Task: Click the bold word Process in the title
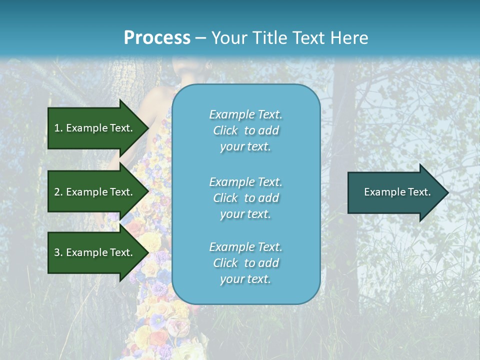point(157,38)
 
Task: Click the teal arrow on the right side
point(395,192)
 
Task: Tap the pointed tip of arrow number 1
point(147,128)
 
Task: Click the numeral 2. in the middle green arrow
point(58,192)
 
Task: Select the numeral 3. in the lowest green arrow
point(58,253)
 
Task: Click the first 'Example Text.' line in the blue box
point(245,114)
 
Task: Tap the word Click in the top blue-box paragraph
point(225,130)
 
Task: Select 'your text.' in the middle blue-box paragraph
point(245,214)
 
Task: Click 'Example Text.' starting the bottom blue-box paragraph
point(245,247)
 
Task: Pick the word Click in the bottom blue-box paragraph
point(225,263)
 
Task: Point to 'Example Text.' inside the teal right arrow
point(397,192)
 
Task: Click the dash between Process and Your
point(200,38)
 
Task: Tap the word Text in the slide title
point(307,38)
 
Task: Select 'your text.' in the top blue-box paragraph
point(245,146)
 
